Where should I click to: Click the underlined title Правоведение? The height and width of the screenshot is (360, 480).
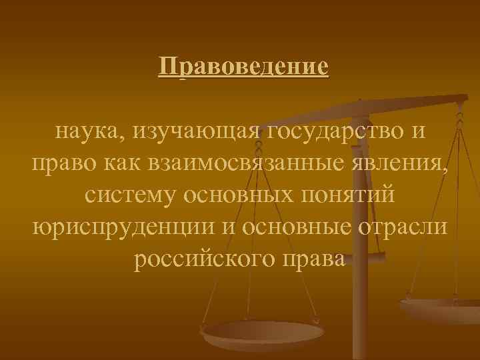(x=244, y=67)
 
